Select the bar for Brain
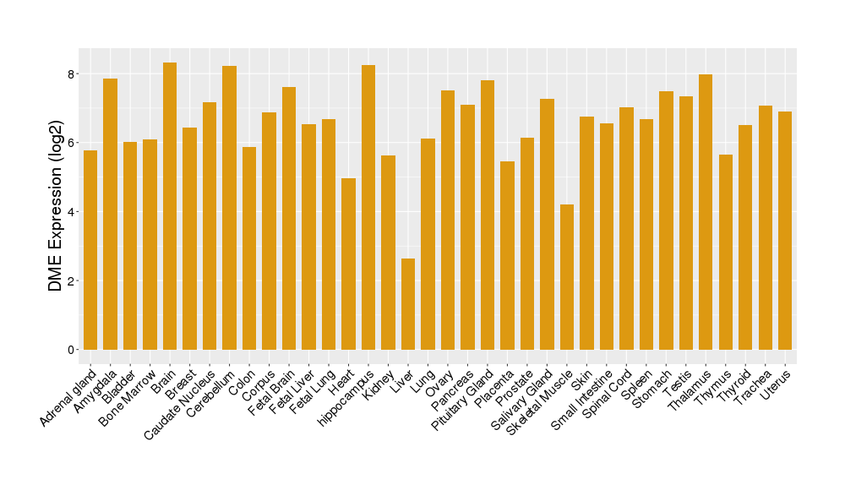coord(170,206)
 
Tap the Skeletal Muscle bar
coord(567,277)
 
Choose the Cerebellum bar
coord(229,208)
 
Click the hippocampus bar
coord(368,207)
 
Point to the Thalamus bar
coord(706,212)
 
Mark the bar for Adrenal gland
coord(90,250)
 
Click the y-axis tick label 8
coord(74,73)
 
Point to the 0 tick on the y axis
coord(74,350)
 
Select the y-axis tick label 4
coord(74,212)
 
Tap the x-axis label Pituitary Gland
coord(464,398)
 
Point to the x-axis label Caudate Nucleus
coord(182,401)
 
